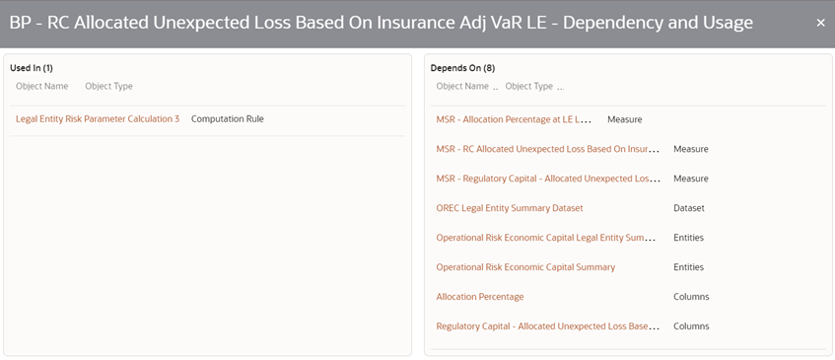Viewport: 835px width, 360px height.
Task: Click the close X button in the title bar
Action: coord(820,23)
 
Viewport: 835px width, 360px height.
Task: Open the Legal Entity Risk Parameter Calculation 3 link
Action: coord(98,119)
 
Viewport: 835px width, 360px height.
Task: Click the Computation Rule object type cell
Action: coord(227,119)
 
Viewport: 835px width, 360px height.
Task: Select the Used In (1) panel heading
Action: coord(32,68)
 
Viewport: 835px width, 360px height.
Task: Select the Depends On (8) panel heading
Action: coord(462,68)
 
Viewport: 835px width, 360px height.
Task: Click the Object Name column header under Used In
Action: coord(41,87)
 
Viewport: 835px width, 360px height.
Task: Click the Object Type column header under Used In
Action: coord(108,87)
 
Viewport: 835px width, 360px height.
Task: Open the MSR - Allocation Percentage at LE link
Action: coord(514,119)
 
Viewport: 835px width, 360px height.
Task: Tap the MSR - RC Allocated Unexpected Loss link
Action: coord(547,149)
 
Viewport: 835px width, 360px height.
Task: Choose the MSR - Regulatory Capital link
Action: coord(547,179)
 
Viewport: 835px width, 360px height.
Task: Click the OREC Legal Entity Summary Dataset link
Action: coord(510,208)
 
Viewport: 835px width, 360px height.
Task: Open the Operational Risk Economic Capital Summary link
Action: coord(525,267)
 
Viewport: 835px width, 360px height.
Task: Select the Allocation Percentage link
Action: coord(480,297)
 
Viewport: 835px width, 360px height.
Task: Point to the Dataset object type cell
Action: coord(689,208)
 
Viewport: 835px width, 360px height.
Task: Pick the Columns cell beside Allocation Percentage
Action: coord(691,297)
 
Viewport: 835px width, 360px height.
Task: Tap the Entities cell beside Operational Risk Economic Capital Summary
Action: coord(688,267)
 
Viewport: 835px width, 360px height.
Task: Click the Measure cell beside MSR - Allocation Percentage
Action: coord(625,119)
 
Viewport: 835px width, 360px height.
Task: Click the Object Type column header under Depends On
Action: coord(529,87)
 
